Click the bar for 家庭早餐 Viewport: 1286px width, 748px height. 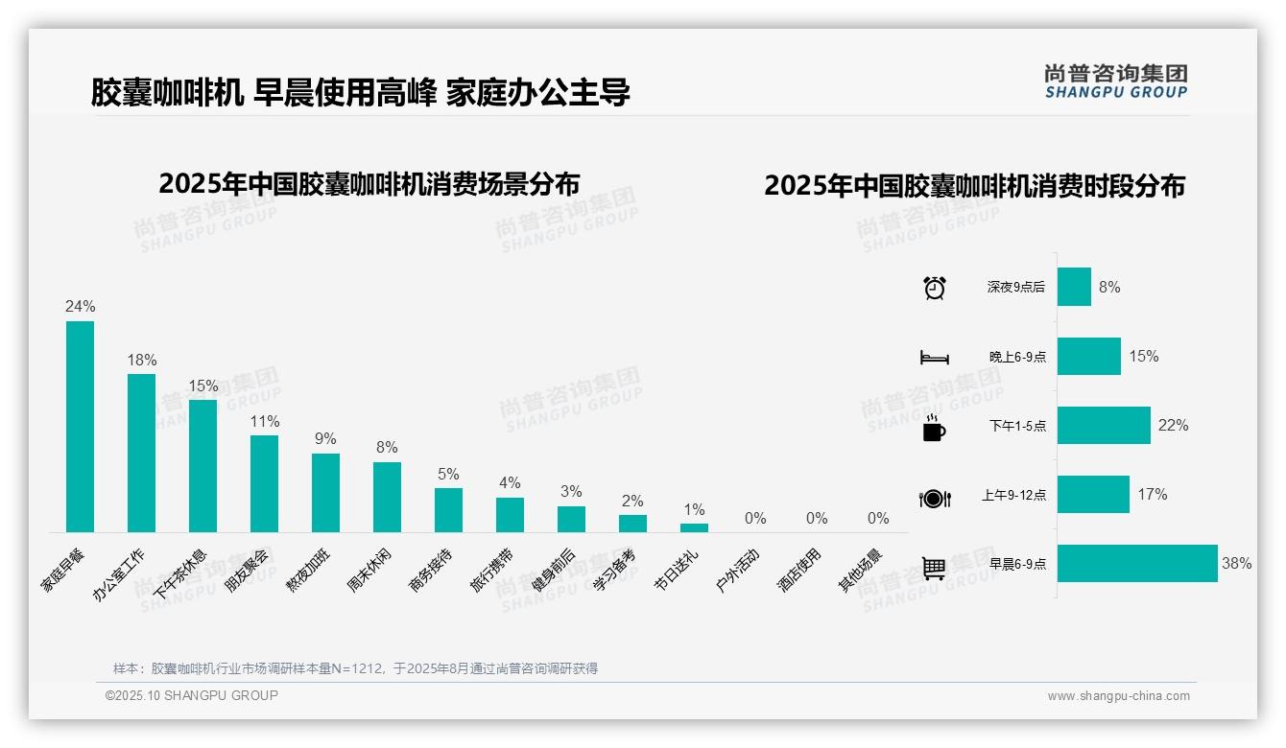click(x=80, y=427)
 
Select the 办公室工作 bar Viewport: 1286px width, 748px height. click(x=141, y=453)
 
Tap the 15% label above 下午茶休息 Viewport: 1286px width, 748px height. click(x=203, y=386)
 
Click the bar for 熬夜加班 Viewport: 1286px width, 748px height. click(x=325, y=492)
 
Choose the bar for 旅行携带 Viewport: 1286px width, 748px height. click(x=510, y=515)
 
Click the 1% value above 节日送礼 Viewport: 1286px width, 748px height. click(x=694, y=509)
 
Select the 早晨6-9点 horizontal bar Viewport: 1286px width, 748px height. click(x=1137, y=564)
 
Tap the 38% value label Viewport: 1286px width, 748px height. click(x=1236, y=564)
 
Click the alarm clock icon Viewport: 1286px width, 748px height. click(x=934, y=288)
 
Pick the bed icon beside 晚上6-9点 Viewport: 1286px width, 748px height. click(x=934, y=358)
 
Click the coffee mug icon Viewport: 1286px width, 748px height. click(x=934, y=428)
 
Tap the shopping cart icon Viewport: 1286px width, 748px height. click(x=934, y=568)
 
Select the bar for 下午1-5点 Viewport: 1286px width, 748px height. click(x=1104, y=426)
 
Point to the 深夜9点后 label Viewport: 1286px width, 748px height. click(x=1016, y=287)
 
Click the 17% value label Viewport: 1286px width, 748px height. click(x=1153, y=495)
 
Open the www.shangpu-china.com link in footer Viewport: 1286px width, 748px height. click(x=1118, y=696)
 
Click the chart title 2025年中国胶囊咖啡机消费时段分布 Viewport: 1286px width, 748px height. click(x=974, y=186)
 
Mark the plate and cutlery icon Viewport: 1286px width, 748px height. click(x=934, y=499)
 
